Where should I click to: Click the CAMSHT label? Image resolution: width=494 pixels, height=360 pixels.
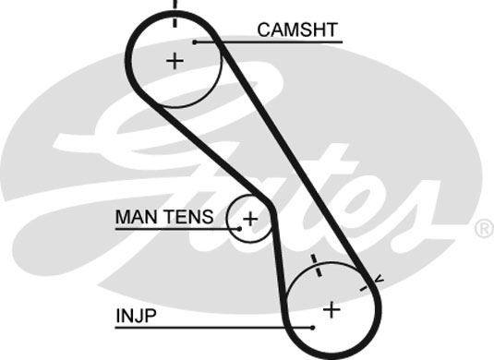point(298,30)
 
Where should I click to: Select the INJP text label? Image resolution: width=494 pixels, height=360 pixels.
point(137,315)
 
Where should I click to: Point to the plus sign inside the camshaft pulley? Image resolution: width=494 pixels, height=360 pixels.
point(175,61)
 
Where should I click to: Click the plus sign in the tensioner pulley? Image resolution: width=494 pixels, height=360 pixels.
point(249,219)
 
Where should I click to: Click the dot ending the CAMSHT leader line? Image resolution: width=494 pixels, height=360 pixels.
point(196,42)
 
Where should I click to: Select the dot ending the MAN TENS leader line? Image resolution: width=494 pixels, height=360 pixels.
point(239,227)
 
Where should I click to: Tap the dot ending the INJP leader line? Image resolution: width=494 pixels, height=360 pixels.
point(314,327)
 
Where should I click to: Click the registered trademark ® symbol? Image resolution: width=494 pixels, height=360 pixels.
point(482,228)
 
